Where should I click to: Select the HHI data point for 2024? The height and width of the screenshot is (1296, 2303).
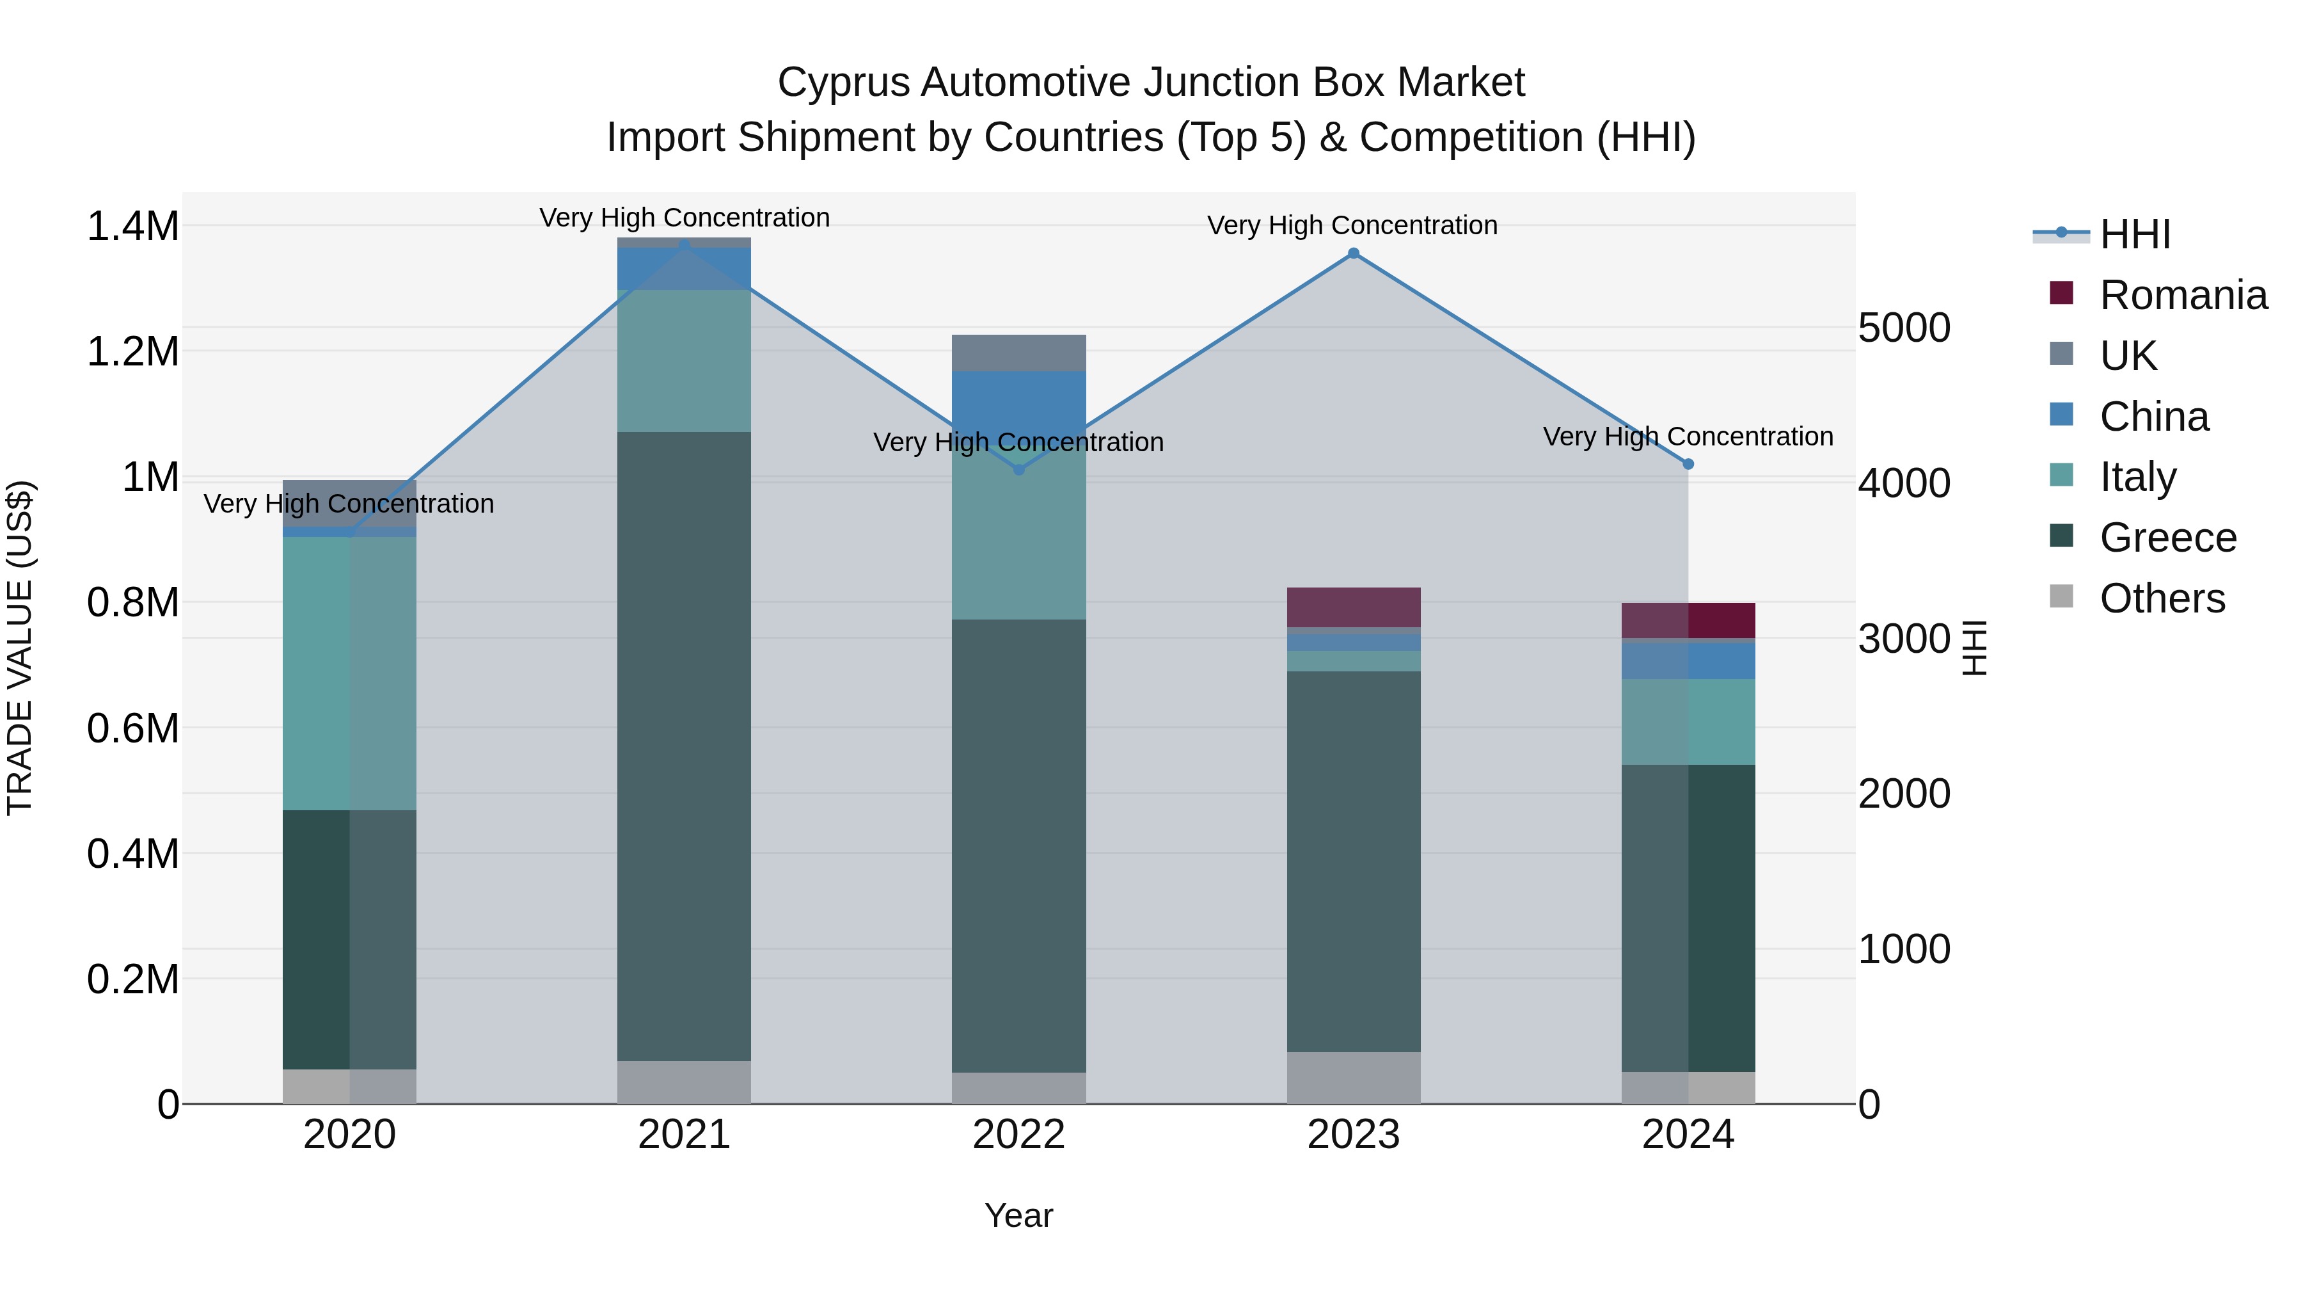click(x=1688, y=464)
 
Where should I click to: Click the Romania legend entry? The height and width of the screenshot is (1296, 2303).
click(x=2182, y=295)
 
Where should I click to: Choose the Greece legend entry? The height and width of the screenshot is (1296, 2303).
click(x=2167, y=538)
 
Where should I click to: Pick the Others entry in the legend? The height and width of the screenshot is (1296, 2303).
click(x=2162, y=598)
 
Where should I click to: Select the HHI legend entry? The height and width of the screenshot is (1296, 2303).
click(x=2134, y=234)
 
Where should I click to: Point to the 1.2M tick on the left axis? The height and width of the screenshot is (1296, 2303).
click(x=132, y=351)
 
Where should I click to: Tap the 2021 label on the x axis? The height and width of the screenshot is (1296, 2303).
click(x=684, y=1135)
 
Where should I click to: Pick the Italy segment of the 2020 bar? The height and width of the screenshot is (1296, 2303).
click(x=349, y=673)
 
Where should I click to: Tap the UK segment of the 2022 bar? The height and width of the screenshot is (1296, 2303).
click(x=1018, y=353)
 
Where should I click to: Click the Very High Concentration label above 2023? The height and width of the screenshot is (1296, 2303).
click(x=1352, y=225)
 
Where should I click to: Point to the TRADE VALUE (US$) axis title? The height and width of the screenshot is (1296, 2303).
click(x=20, y=648)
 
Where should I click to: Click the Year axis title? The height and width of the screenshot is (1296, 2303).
click(x=1018, y=1215)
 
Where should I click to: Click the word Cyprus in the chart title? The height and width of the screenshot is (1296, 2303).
click(x=843, y=83)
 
